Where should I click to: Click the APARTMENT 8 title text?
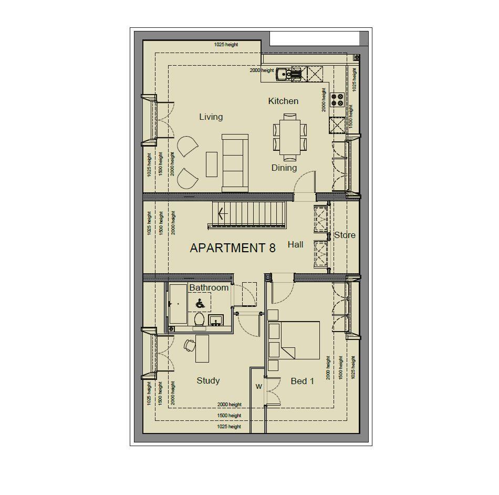232,248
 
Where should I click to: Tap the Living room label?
211,117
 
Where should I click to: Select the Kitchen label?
283,101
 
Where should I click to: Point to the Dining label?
284,168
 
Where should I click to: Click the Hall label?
295,244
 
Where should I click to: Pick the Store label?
345,235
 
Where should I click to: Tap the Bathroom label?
209,287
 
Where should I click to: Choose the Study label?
208,380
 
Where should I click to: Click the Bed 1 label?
302,381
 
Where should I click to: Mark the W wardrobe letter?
258,387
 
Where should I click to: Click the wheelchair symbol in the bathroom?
200,303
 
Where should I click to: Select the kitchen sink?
284,74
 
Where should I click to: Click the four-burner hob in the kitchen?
337,100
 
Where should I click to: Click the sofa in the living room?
235,163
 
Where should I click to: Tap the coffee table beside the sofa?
211,164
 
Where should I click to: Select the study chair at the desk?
189,345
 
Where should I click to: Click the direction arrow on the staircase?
222,213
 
